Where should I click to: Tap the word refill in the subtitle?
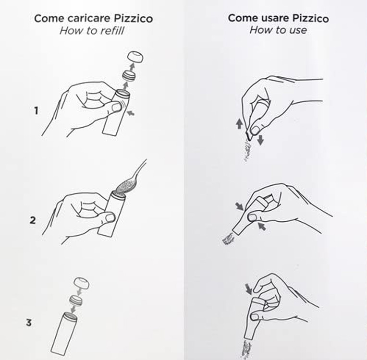click(x=111, y=31)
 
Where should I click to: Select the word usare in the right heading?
click(x=276, y=18)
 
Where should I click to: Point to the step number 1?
click(x=36, y=111)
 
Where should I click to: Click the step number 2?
click(x=33, y=220)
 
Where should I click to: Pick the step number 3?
click(x=29, y=323)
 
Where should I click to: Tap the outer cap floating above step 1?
click(x=135, y=57)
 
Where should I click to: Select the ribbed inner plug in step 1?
click(x=129, y=75)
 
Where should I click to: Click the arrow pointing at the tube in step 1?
click(x=131, y=113)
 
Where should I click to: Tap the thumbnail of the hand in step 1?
click(x=117, y=107)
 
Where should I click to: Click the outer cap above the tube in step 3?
click(x=81, y=283)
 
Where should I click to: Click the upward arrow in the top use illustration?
click(x=239, y=124)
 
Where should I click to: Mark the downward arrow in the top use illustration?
click(x=260, y=140)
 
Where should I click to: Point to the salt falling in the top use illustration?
click(x=247, y=151)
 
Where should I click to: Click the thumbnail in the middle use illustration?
click(x=252, y=217)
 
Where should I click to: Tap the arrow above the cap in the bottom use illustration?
click(x=248, y=289)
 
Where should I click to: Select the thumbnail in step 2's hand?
click(x=110, y=218)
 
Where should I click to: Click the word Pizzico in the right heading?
click(x=311, y=18)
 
